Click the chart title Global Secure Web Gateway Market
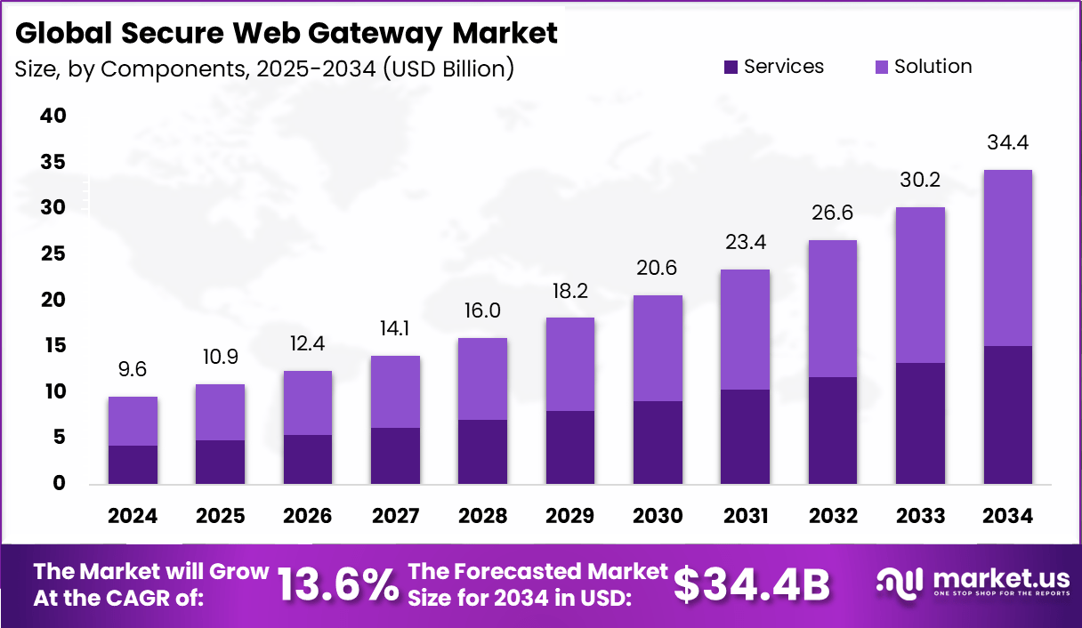(287, 33)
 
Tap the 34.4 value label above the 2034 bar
(1007, 142)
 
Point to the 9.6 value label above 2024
(133, 369)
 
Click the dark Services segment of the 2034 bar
(1007, 415)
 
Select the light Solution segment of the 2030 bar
(658, 348)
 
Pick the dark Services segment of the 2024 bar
(133, 464)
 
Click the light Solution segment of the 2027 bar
(395, 391)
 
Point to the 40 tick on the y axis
(52, 116)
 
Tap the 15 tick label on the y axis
(52, 345)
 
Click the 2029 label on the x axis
(570, 516)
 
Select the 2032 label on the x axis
(833, 516)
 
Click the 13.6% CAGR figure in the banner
(338, 584)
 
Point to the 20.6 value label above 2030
(658, 268)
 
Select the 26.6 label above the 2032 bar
(833, 213)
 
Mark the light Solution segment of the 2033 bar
(920, 285)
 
